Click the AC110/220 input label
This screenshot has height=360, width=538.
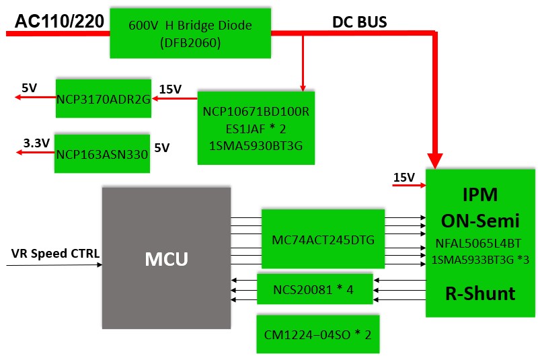click(59, 22)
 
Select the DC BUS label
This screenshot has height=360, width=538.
click(360, 22)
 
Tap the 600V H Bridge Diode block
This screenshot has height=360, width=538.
click(190, 33)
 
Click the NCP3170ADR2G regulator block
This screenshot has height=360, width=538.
click(104, 98)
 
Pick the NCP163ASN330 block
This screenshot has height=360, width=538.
click(102, 153)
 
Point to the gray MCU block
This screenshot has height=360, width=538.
click(166, 258)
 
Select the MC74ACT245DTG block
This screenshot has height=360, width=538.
click(323, 239)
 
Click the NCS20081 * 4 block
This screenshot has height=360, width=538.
click(315, 289)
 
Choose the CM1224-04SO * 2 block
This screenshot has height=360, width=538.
click(318, 334)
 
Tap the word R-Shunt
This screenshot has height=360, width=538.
click(480, 294)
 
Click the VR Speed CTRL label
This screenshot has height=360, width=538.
click(55, 254)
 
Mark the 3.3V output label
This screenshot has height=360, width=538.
click(36, 143)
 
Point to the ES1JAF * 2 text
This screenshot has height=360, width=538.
click(256, 129)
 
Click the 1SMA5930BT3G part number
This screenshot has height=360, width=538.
click(256, 146)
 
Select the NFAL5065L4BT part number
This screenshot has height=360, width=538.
click(478, 244)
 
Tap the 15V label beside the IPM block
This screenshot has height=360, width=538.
click(404, 178)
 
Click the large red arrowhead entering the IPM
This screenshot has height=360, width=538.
click(435, 161)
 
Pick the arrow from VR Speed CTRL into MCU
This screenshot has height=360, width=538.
click(54, 265)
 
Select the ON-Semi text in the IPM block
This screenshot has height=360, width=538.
click(480, 221)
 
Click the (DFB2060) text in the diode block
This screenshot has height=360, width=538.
click(190, 43)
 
